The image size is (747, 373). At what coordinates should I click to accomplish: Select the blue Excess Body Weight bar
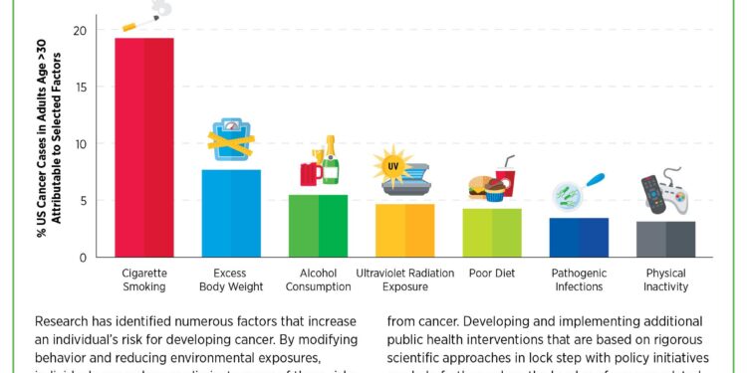pyautogui.click(x=231, y=213)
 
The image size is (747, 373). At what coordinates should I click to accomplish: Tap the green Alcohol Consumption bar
pyautogui.click(x=318, y=226)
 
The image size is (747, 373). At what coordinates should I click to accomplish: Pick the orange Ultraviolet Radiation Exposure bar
pyautogui.click(x=405, y=230)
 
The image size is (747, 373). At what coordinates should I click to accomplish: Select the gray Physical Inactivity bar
pyautogui.click(x=665, y=239)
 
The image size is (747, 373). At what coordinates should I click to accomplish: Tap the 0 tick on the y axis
pyautogui.click(x=84, y=258)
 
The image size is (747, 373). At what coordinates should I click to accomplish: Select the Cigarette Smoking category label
pyautogui.click(x=144, y=280)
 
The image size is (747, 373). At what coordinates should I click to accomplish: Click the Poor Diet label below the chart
pyautogui.click(x=492, y=273)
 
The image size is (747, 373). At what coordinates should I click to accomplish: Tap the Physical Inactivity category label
pyautogui.click(x=665, y=280)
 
